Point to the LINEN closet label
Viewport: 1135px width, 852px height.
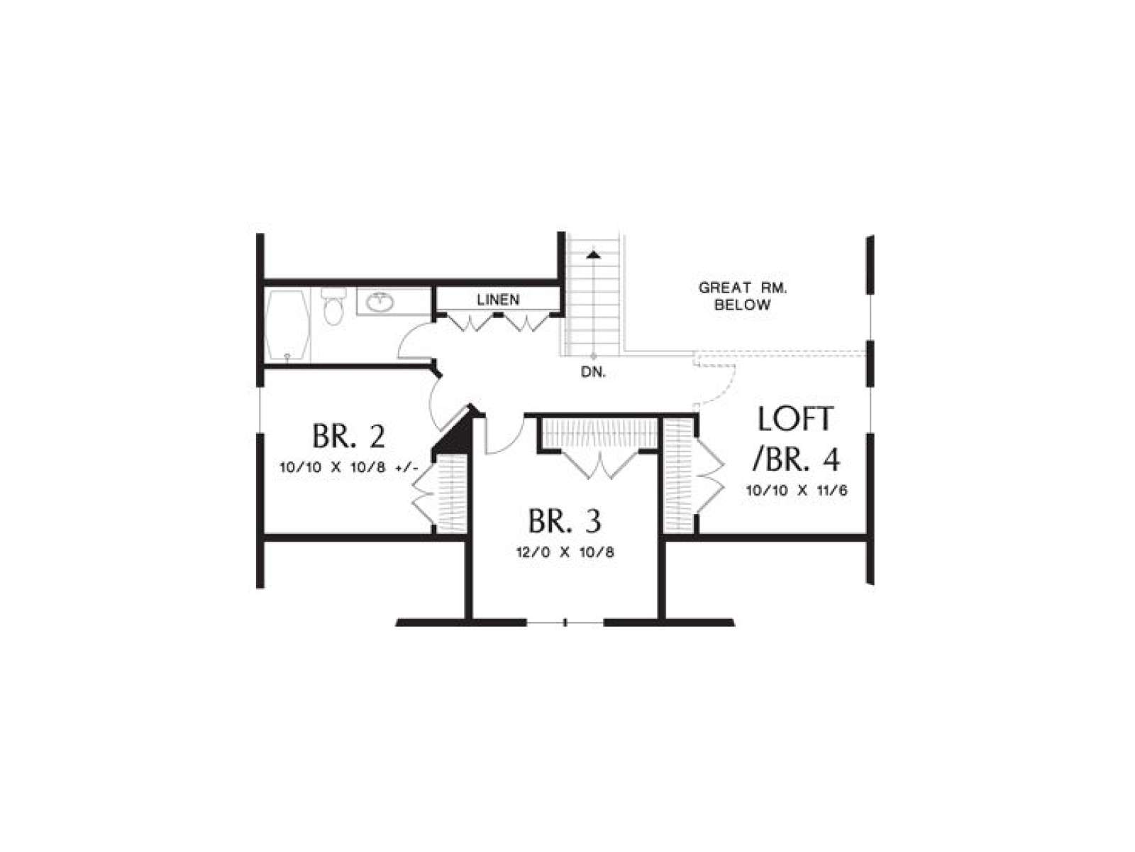tap(498, 300)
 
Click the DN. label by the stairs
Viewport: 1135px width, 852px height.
tap(593, 372)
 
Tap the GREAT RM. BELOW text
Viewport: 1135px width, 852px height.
tap(743, 296)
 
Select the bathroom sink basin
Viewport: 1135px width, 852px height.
tap(381, 301)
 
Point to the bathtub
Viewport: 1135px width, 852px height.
tap(287, 326)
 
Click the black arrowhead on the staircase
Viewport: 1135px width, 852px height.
tap(594, 254)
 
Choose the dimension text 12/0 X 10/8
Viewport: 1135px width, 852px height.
tap(565, 552)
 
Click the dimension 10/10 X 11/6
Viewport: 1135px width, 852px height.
tap(797, 490)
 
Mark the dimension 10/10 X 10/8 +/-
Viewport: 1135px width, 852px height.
tap(348, 468)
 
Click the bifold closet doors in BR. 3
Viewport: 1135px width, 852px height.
tap(600, 465)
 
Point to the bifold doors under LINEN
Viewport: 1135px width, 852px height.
tap(498, 322)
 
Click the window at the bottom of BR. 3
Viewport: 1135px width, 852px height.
tap(565, 623)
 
